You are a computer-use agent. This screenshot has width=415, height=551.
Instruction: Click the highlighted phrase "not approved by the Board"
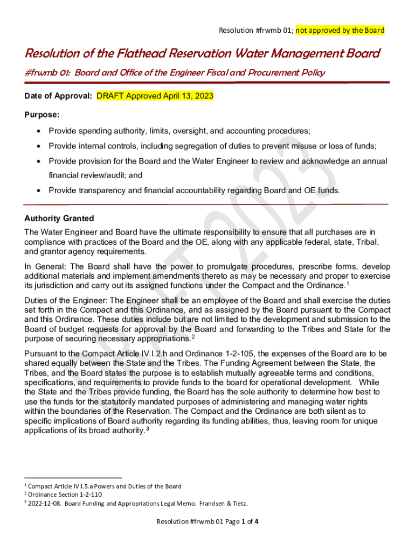pyautogui.click(x=340, y=30)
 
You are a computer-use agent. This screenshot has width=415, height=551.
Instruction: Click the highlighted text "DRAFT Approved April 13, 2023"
pyautogui.click(x=155, y=96)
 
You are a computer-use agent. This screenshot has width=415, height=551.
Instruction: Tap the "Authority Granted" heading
pyautogui.click(x=59, y=218)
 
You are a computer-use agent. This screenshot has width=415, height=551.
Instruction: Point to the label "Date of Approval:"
pyautogui.click(x=58, y=96)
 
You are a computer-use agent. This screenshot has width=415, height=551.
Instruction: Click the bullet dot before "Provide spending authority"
pyautogui.click(x=39, y=131)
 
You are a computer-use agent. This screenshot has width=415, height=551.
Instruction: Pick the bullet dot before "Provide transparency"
pyautogui.click(x=39, y=190)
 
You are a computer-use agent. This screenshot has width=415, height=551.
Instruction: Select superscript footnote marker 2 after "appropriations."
pyautogui.click(x=193, y=337)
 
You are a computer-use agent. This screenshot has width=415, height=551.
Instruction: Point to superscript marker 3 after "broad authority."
pyautogui.click(x=148, y=429)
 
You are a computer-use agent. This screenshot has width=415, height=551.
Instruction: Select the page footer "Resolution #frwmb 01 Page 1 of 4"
pyautogui.click(x=208, y=521)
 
